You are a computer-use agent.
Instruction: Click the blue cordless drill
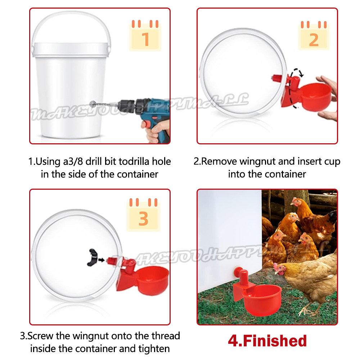(140, 115)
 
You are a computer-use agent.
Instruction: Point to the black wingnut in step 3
(92, 257)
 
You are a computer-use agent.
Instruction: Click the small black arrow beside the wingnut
(102, 260)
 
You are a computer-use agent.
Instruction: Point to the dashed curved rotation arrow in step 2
(290, 89)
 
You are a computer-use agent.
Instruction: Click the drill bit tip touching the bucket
(92, 104)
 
